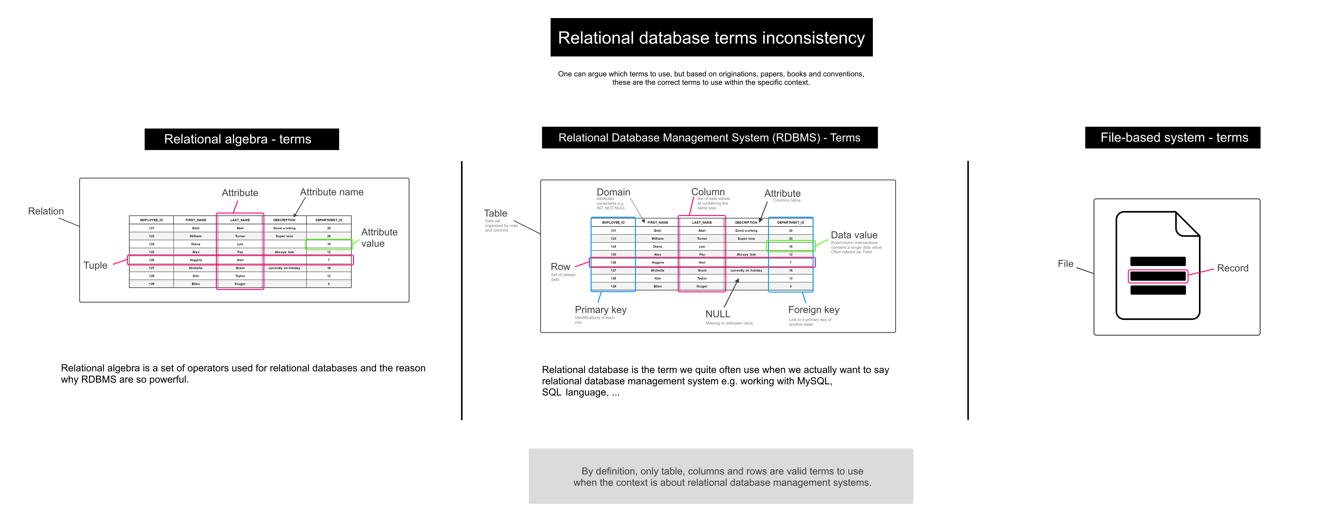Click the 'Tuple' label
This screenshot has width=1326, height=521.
[x=95, y=265]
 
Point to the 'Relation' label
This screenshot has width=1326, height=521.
[x=46, y=211]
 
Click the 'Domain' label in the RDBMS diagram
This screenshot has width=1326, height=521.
[x=613, y=192]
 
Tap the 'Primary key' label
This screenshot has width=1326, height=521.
[x=600, y=310]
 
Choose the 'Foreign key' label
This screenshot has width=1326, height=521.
[x=813, y=310]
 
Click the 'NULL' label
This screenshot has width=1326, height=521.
[x=718, y=314]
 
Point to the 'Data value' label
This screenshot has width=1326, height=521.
[x=854, y=235]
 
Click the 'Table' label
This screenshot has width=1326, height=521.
[x=495, y=213]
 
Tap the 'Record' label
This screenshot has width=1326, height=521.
[x=1232, y=268]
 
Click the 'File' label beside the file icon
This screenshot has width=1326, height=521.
[x=1065, y=263]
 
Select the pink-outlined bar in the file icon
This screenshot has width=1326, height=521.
[x=1158, y=276]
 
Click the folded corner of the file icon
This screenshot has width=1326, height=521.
[x=1187, y=225]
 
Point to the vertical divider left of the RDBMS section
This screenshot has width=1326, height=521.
[x=462, y=291]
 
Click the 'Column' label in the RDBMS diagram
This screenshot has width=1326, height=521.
[x=708, y=192]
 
